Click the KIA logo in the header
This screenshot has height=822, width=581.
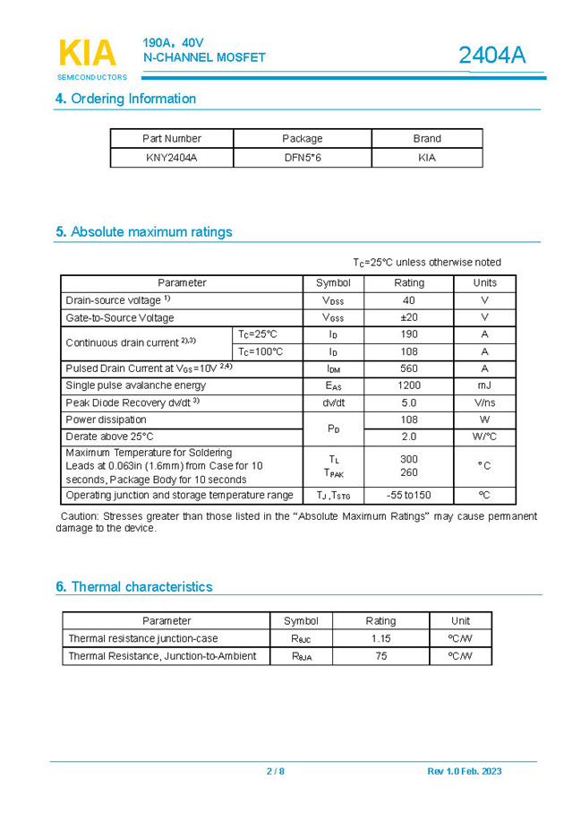87,54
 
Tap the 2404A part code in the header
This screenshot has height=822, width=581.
491,56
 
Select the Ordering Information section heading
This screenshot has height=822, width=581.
125,99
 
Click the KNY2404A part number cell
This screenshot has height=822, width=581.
171,158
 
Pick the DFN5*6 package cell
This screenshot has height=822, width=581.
302,158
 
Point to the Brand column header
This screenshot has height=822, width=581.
427,139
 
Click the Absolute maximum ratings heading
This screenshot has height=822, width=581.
143,232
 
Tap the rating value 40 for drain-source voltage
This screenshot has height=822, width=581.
409,300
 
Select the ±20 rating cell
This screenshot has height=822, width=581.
409,317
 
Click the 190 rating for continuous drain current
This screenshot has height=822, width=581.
409,334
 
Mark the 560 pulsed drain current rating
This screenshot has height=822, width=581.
409,368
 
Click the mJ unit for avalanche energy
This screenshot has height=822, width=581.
484,385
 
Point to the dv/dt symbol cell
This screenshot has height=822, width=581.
333,402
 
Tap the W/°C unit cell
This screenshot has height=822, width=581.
484,437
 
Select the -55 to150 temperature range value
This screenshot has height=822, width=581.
409,495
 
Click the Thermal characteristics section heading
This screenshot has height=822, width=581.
134,587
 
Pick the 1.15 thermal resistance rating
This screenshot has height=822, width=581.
380,638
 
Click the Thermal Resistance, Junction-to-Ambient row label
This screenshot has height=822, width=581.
162,656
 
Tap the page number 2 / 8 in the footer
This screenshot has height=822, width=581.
275,771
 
